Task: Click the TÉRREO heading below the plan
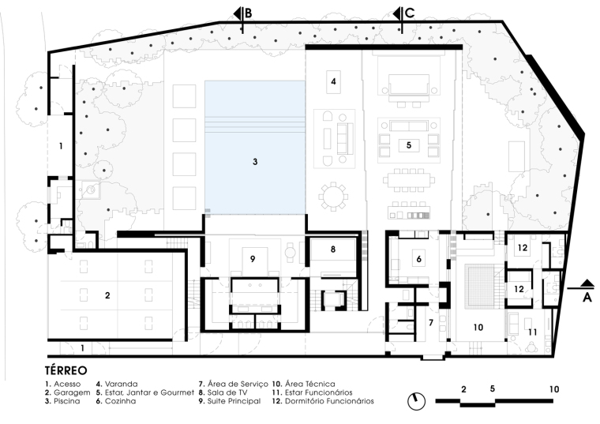pyautogui.click(x=66, y=370)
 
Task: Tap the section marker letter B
pyautogui.click(x=249, y=13)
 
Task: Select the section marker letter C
pyautogui.click(x=410, y=13)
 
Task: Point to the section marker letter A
pyautogui.click(x=587, y=298)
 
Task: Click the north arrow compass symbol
pyautogui.click(x=416, y=401)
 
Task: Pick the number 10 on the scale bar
pyautogui.click(x=553, y=389)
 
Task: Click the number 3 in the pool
pyautogui.click(x=255, y=162)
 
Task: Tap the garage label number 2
pyautogui.click(x=107, y=295)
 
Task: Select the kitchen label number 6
pyautogui.click(x=418, y=259)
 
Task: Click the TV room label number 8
pyautogui.click(x=333, y=250)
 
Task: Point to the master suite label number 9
pyautogui.click(x=253, y=259)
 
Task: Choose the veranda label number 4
pyautogui.click(x=333, y=81)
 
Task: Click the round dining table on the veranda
pyautogui.click(x=334, y=197)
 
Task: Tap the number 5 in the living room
pyautogui.click(x=409, y=145)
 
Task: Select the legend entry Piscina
pyautogui.click(x=62, y=401)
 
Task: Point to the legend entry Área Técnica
pyautogui.click(x=304, y=384)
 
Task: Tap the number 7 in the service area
pyautogui.click(x=431, y=323)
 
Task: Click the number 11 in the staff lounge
pyautogui.click(x=533, y=332)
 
